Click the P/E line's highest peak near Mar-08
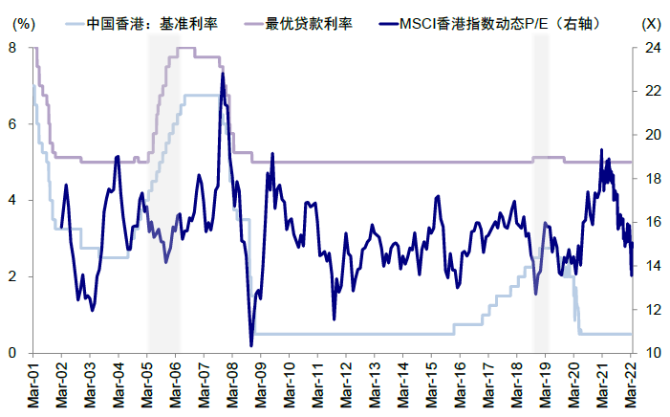click(x=223, y=74)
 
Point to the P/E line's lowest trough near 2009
click(x=251, y=345)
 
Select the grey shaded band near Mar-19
click(x=541, y=239)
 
